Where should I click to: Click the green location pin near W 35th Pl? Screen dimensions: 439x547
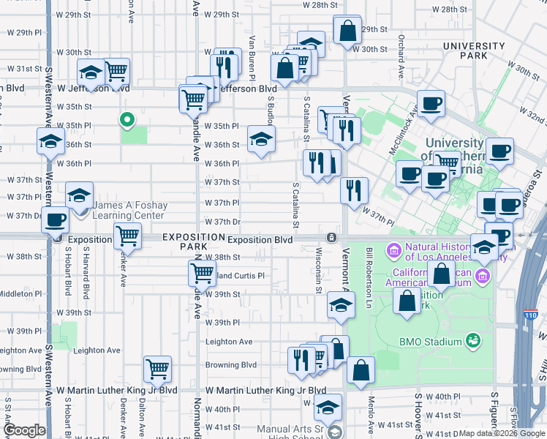(x=127, y=119)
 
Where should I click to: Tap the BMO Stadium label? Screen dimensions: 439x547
(x=430, y=342)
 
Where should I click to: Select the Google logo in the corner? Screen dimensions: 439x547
(x=23, y=430)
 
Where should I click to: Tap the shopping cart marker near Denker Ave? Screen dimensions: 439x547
(x=127, y=236)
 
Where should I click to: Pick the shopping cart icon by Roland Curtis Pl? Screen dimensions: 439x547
(x=201, y=274)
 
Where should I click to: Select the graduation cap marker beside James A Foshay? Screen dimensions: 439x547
(x=79, y=195)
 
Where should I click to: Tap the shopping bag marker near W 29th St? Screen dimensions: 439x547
(x=347, y=30)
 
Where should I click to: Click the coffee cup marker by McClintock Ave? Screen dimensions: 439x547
(x=431, y=103)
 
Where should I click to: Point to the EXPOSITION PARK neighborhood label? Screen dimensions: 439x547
(x=193, y=241)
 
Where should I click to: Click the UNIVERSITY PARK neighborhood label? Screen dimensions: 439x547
(x=474, y=50)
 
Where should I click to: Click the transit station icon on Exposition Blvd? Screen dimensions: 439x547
(x=332, y=238)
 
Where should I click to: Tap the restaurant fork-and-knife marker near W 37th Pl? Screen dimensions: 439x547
(x=354, y=190)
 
